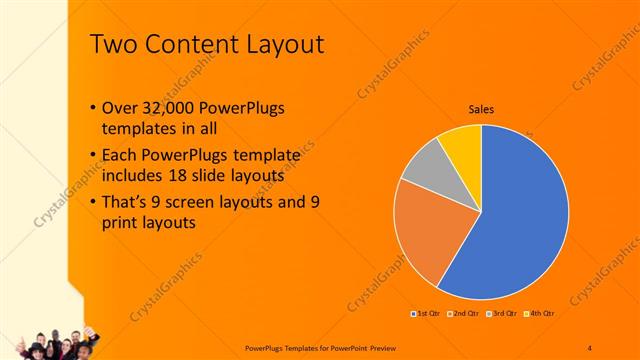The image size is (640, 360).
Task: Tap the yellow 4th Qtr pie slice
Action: (x=463, y=144)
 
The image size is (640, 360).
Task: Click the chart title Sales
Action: (x=482, y=110)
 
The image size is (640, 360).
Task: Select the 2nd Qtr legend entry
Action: (x=461, y=313)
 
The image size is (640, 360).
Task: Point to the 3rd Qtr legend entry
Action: (x=501, y=313)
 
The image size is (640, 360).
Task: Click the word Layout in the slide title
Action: (x=284, y=45)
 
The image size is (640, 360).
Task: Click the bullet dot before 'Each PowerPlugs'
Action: (x=93, y=156)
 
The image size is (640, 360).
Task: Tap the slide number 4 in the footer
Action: (x=589, y=346)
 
